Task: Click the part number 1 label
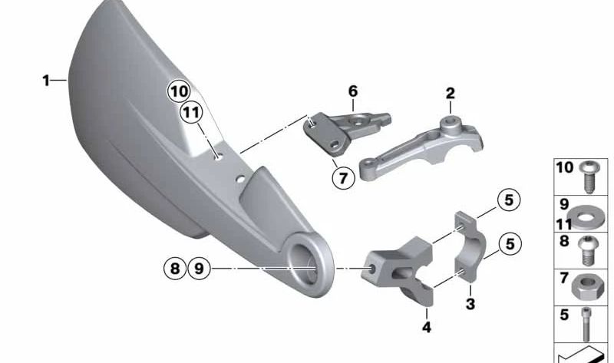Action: point(46,80)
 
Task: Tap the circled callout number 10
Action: point(179,91)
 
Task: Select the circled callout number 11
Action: point(190,114)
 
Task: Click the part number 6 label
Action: point(353,91)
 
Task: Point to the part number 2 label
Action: point(451,94)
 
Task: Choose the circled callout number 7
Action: point(342,178)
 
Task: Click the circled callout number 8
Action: point(174,269)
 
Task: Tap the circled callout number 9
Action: point(198,269)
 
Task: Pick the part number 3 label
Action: point(470,305)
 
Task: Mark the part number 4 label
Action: point(427,328)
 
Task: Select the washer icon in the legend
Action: point(589,214)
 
